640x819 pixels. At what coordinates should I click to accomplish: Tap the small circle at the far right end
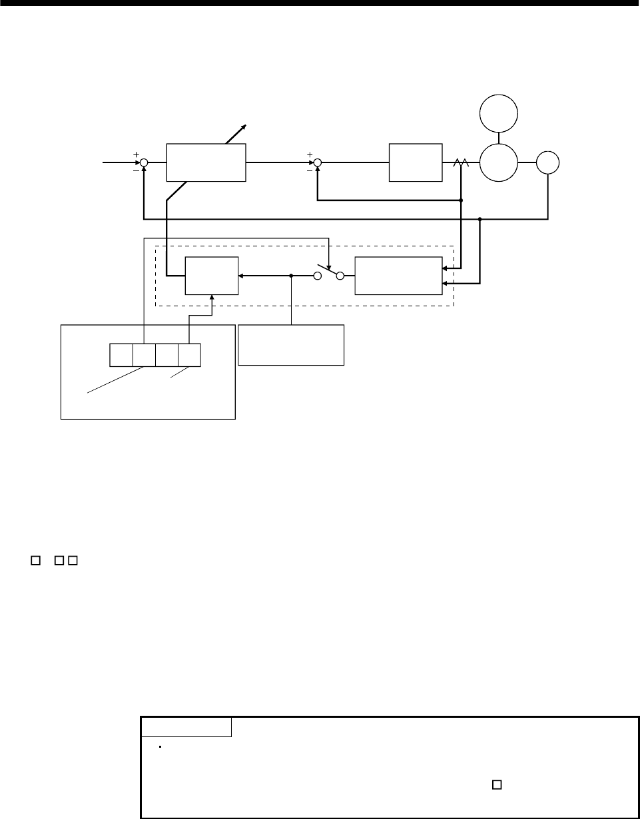[548, 162]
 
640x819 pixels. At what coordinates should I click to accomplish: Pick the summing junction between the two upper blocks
[318, 162]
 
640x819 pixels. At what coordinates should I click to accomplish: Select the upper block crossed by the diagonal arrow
[206, 162]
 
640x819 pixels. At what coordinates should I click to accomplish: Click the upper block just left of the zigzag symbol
[415, 162]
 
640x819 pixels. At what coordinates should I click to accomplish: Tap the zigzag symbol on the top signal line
[460, 162]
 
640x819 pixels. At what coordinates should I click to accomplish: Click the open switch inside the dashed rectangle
[329, 274]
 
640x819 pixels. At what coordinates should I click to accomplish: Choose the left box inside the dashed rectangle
[211, 275]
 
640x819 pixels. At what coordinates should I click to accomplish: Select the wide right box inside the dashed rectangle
[398, 275]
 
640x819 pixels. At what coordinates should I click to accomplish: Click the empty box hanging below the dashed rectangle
[291, 345]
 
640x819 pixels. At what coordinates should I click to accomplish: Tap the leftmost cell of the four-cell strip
[121, 355]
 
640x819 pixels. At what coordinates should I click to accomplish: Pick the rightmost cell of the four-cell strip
[189, 355]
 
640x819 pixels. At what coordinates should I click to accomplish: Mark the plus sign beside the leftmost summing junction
[136, 154]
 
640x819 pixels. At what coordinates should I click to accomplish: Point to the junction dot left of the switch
[292, 275]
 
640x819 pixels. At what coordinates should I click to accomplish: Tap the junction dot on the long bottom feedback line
[480, 218]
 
